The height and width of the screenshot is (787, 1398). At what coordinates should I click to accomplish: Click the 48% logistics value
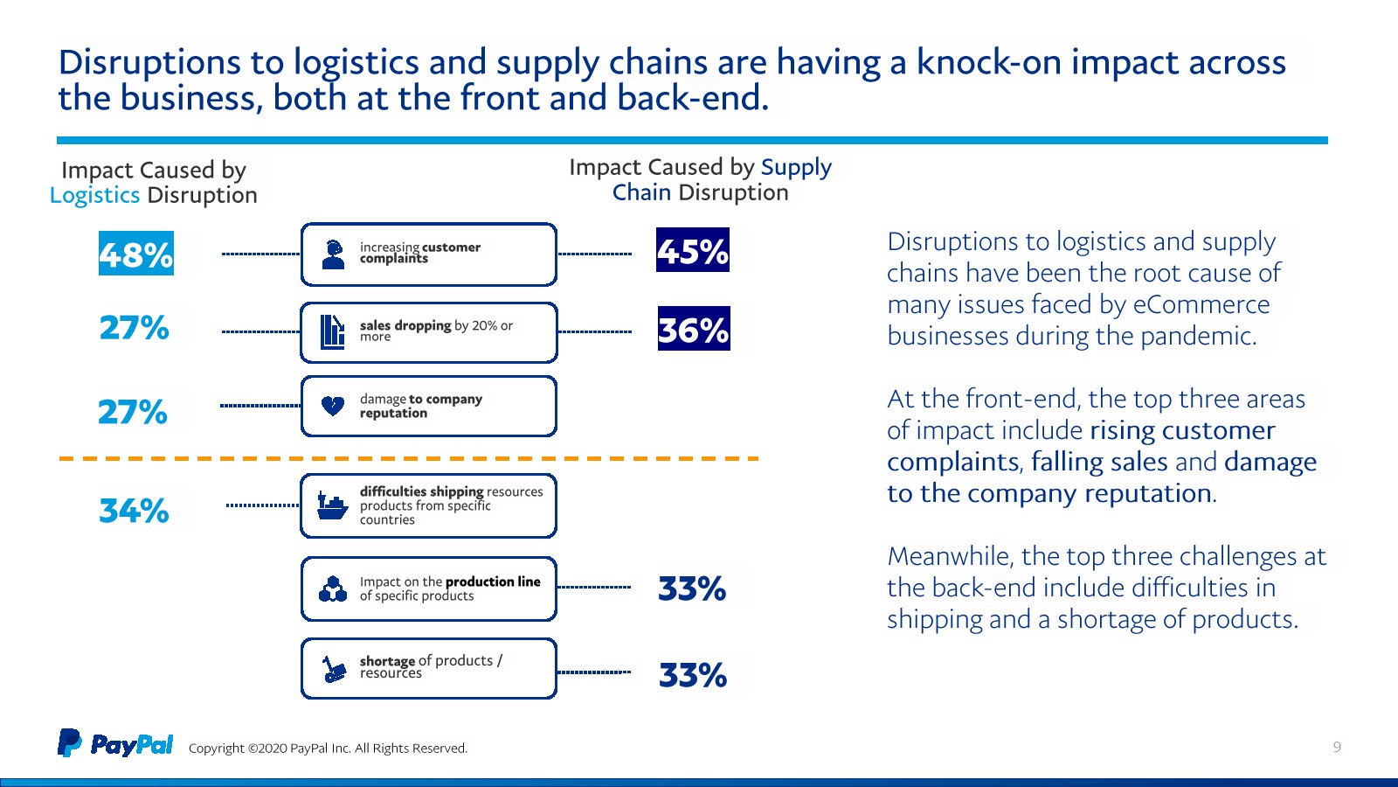(x=136, y=254)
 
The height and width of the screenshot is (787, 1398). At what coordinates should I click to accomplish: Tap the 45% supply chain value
(x=693, y=250)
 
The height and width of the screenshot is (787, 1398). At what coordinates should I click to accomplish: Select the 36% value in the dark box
(x=694, y=329)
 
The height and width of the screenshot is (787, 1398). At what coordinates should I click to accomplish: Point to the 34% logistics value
(x=135, y=511)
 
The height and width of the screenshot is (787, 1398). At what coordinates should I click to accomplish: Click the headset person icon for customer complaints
(x=333, y=254)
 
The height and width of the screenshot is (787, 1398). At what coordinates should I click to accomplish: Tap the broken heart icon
(x=333, y=406)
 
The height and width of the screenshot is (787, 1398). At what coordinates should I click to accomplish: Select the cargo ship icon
(x=332, y=506)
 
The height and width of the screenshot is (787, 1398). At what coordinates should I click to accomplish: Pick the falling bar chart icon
(x=332, y=332)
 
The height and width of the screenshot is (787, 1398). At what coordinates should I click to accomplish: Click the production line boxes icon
(x=333, y=589)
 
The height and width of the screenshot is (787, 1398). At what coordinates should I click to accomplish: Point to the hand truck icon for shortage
(x=334, y=668)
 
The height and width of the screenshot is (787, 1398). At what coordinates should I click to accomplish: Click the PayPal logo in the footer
(x=115, y=743)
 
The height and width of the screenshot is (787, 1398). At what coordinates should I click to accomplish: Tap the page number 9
(x=1337, y=747)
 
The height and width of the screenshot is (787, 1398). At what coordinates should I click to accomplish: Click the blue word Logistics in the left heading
(x=95, y=196)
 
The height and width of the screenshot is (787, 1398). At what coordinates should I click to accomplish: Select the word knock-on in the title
(x=988, y=62)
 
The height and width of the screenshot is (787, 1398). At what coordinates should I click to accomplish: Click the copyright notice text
(x=328, y=749)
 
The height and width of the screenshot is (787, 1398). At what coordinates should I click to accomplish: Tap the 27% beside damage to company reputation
(x=133, y=412)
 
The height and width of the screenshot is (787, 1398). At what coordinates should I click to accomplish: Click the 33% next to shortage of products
(x=693, y=675)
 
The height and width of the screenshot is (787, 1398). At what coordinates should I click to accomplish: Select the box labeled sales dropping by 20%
(x=429, y=332)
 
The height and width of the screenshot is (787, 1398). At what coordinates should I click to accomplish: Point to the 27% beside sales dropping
(x=135, y=327)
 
